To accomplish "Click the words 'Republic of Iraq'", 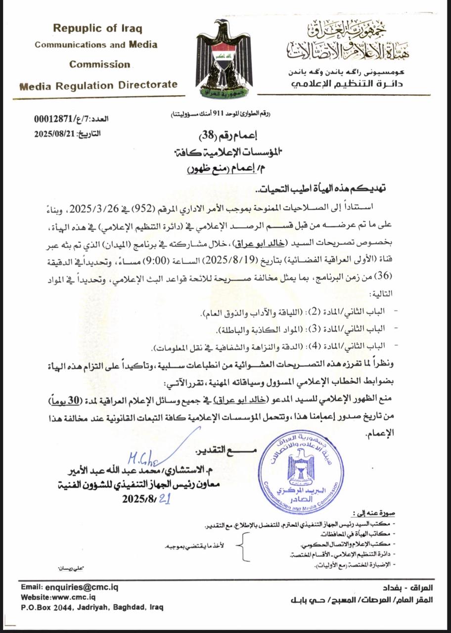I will (x=97, y=29).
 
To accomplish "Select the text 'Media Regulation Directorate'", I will (x=98, y=85).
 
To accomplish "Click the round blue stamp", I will (x=301, y=464).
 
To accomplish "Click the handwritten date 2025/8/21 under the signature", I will (x=146, y=499).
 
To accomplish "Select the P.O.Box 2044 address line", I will (x=92, y=607).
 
